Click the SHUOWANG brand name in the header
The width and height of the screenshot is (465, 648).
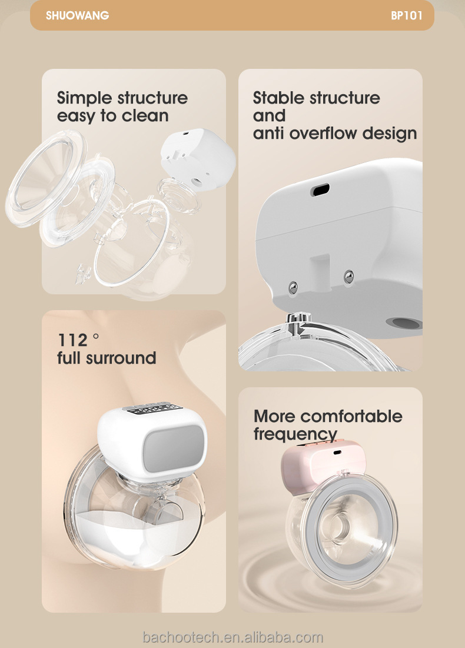77,16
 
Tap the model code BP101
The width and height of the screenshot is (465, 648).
406,16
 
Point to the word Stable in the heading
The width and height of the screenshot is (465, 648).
280,98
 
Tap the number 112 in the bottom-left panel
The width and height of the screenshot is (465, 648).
72,340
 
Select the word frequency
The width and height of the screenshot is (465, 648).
295,435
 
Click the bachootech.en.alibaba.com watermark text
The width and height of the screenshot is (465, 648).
233,637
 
